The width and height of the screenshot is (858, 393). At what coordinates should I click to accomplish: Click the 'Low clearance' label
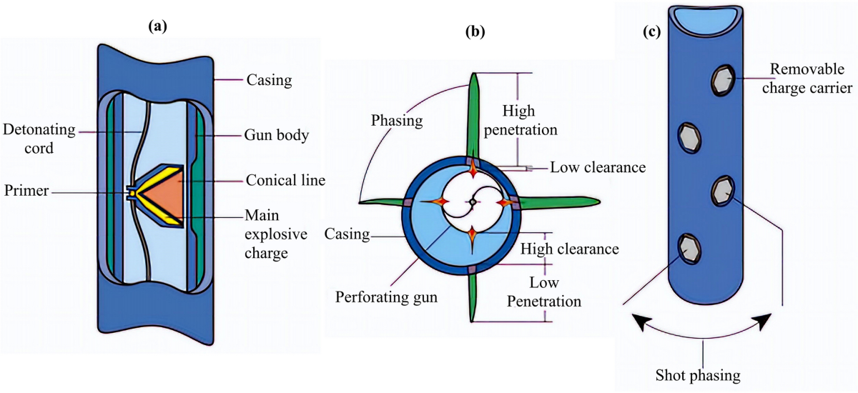click(597, 168)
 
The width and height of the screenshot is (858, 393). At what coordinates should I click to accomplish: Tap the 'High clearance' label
click(570, 250)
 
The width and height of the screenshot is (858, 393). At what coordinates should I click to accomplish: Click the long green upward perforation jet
click(471, 114)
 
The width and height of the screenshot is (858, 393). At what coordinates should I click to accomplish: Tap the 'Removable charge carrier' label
click(810, 79)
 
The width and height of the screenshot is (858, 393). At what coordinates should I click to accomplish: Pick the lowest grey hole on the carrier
click(689, 248)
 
